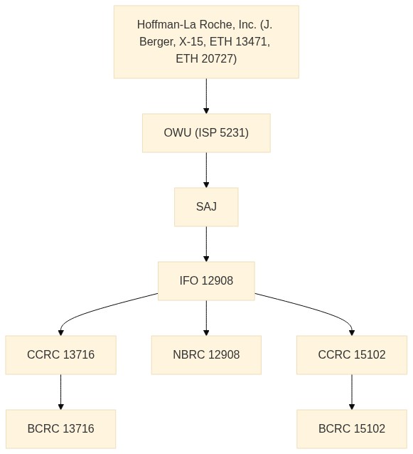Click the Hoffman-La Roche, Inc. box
(206, 42)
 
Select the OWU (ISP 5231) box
(206, 133)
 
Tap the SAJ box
(206, 207)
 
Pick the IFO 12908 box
(206, 281)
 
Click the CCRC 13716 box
(60, 355)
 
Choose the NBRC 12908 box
(206, 355)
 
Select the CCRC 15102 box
(352, 355)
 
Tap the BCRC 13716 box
(60, 429)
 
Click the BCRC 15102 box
(352, 429)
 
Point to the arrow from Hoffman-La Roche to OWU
(206, 96)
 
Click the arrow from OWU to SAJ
(206, 170)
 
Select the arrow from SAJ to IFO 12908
(206, 244)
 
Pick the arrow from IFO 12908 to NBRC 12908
(206, 318)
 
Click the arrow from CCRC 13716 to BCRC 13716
(60, 392)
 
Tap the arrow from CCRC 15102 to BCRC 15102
(352, 392)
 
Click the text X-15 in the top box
(191, 42)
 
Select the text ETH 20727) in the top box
(206, 59)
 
